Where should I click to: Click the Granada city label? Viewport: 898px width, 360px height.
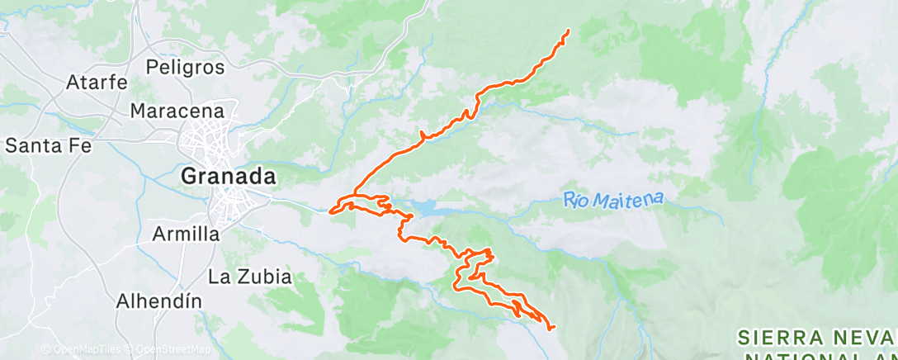tap(229, 176)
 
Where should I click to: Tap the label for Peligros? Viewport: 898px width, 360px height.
tap(185, 66)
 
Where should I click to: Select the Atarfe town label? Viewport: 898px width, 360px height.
tap(97, 83)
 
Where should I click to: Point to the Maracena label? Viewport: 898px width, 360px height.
tap(177, 110)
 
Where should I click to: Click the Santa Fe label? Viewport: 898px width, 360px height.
tap(48, 146)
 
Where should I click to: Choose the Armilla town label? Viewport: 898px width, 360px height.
tap(186, 234)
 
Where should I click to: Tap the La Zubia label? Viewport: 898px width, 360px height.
tap(250, 277)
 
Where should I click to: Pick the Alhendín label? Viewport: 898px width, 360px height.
tap(160, 301)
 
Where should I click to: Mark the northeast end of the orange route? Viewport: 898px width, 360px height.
tap(569, 31)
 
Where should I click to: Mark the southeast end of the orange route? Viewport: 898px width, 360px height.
tap(552, 328)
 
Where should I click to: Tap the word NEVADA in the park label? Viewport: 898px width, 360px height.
tap(867, 337)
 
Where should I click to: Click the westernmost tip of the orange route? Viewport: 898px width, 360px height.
tap(331, 211)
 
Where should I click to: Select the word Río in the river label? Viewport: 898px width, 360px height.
tap(581, 199)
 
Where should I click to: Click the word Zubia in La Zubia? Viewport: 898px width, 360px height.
tap(263, 277)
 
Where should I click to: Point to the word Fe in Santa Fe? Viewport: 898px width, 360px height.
tap(80, 146)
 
